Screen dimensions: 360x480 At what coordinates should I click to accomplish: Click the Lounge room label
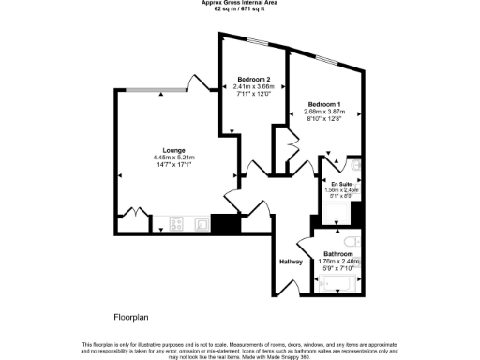[172, 151]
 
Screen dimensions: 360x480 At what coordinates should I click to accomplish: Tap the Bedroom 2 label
[255, 78]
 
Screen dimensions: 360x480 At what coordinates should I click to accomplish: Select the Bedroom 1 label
[325, 103]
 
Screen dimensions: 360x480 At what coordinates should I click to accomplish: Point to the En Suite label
[341, 184]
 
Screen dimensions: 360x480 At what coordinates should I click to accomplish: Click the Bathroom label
[338, 254]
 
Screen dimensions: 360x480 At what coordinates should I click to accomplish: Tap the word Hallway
[291, 262]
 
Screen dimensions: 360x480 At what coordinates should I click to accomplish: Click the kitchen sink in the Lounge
[201, 224]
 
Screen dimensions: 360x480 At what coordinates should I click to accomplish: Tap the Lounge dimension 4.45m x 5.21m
[172, 158]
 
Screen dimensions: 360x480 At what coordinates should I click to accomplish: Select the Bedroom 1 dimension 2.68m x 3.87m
[325, 112]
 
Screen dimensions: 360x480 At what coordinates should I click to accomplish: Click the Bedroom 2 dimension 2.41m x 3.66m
[255, 86]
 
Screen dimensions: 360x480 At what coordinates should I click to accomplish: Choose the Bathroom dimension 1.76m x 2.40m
[338, 262]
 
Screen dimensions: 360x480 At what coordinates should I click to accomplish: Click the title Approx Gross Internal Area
[240, 3]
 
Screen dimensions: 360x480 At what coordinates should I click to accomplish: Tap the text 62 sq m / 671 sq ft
[240, 9]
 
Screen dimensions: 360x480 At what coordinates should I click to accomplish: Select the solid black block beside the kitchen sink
[226, 224]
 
